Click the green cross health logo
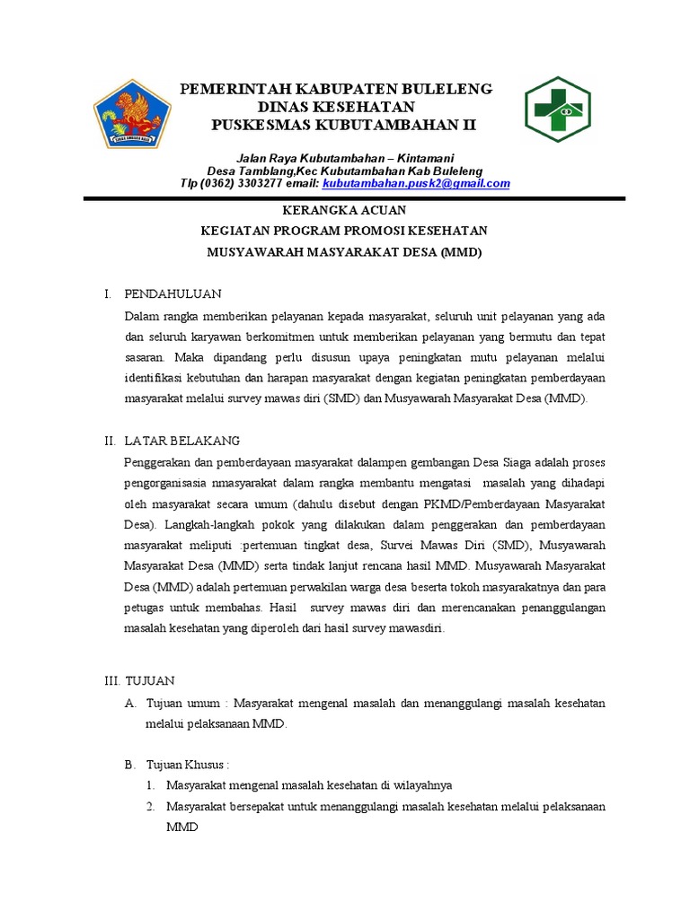click(558, 110)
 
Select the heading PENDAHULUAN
click(172, 293)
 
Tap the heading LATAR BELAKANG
click(181, 440)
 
